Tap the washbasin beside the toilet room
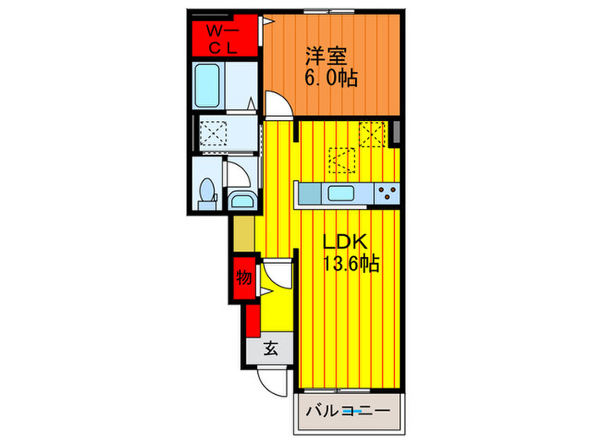coord(243,202)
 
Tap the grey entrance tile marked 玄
coord(270,347)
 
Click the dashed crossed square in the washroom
coord(211,132)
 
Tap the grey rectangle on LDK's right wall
coord(395,132)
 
